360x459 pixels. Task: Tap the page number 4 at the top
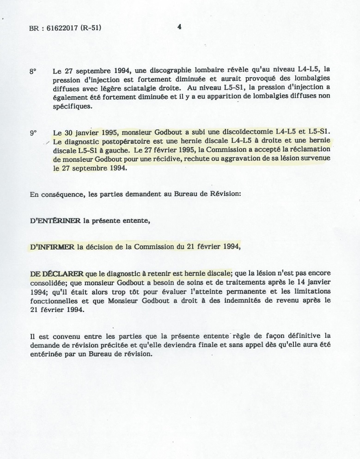pos(179,27)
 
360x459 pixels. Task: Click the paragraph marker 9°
pos(33,133)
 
